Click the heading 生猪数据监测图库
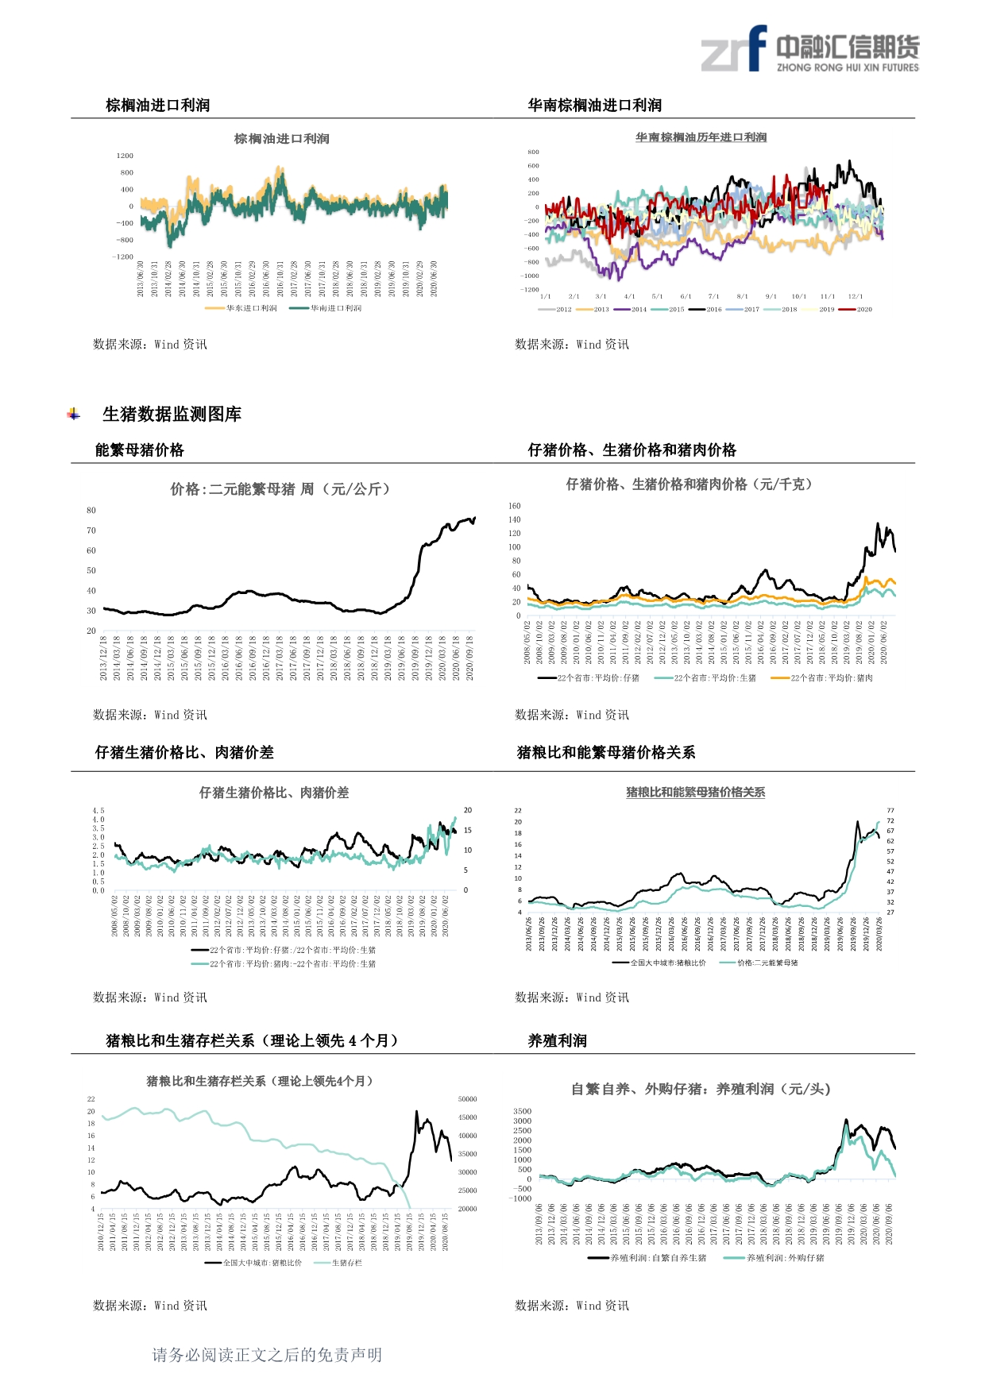[172, 414]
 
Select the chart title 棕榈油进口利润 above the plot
[281, 139]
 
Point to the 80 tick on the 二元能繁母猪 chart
[91, 511]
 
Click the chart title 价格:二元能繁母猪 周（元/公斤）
[280, 489]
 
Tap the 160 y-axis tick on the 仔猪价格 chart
[515, 506]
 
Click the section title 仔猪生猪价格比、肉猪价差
[184, 752]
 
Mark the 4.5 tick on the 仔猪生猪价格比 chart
[98, 811]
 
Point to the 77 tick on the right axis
[890, 811]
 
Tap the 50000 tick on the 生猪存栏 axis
[468, 1099]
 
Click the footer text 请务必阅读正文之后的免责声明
[267, 1355]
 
